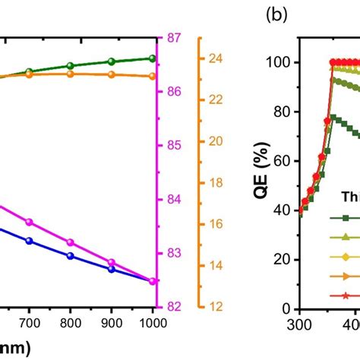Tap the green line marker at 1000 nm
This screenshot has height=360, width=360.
point(153,58)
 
